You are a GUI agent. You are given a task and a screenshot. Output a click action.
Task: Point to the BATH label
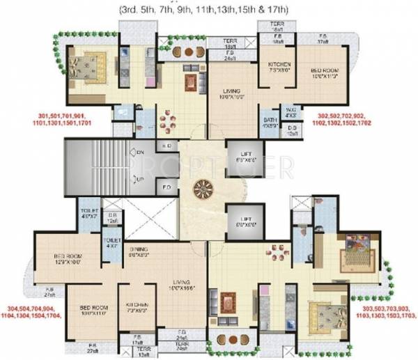coord(270,122)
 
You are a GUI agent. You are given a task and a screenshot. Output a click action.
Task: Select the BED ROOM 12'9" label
coord(69,258)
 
